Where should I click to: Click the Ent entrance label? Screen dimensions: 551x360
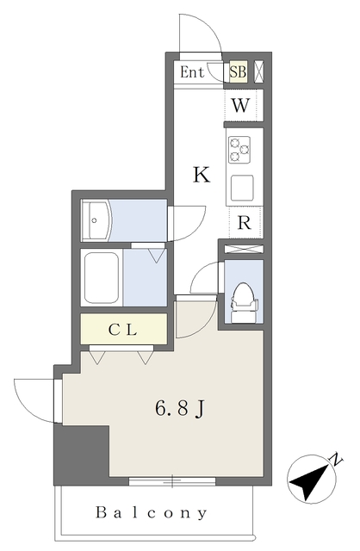click(x=192, y=72)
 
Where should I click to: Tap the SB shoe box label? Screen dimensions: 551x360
click(x=239, y=72)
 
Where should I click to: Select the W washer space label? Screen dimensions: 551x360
click(x=242, y=107)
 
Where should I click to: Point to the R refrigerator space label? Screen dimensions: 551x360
click(x=245, y=222)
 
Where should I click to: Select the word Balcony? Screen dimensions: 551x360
click(x=152, y=513)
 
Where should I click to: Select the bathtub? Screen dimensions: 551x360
click(x=102, y=277)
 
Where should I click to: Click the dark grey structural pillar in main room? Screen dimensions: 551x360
click(x=82, y=454)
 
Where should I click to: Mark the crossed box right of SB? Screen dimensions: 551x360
click(x=259, y=72)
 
